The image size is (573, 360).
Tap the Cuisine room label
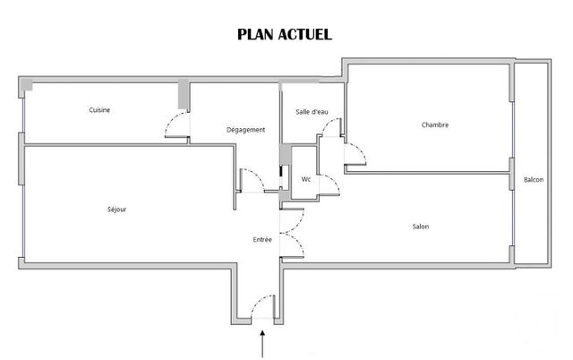click(99, 110)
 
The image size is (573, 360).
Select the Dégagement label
click(245, 130)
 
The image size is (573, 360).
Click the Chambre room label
click(434, 124)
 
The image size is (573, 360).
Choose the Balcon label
click(534, 180)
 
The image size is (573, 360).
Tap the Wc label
click(305, 179)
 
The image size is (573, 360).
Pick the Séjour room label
click(116, 210)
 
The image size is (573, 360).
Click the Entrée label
click(262, 239)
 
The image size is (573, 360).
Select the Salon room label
click(420, 226)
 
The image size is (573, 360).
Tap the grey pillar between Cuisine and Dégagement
click(184, 94)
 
